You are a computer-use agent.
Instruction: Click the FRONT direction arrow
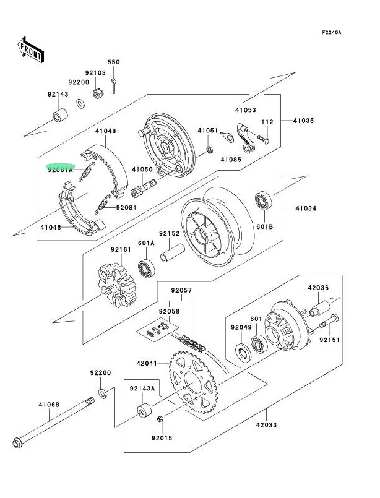coord(30,50)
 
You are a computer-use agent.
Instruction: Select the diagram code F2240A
coord(331,32)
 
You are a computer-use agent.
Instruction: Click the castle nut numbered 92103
coord(98,93)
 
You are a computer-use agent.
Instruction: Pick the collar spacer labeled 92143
coord(60,115)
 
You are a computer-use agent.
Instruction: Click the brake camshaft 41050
coord(144,188)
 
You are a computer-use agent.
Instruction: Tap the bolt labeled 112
coord(263,139)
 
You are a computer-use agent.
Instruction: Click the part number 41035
coord(303,121)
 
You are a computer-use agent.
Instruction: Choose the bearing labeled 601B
coord(264,200)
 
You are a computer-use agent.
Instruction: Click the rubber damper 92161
coord(117,285)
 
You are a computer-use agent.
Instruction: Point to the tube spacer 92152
coord(173,252)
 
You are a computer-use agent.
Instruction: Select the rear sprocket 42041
coord(193,382)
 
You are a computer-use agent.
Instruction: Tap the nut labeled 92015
coord(160,419)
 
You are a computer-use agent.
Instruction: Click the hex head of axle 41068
coord(17,443)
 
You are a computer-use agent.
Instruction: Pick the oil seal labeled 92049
coord(243,352)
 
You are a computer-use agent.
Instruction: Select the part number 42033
coord(266,424)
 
